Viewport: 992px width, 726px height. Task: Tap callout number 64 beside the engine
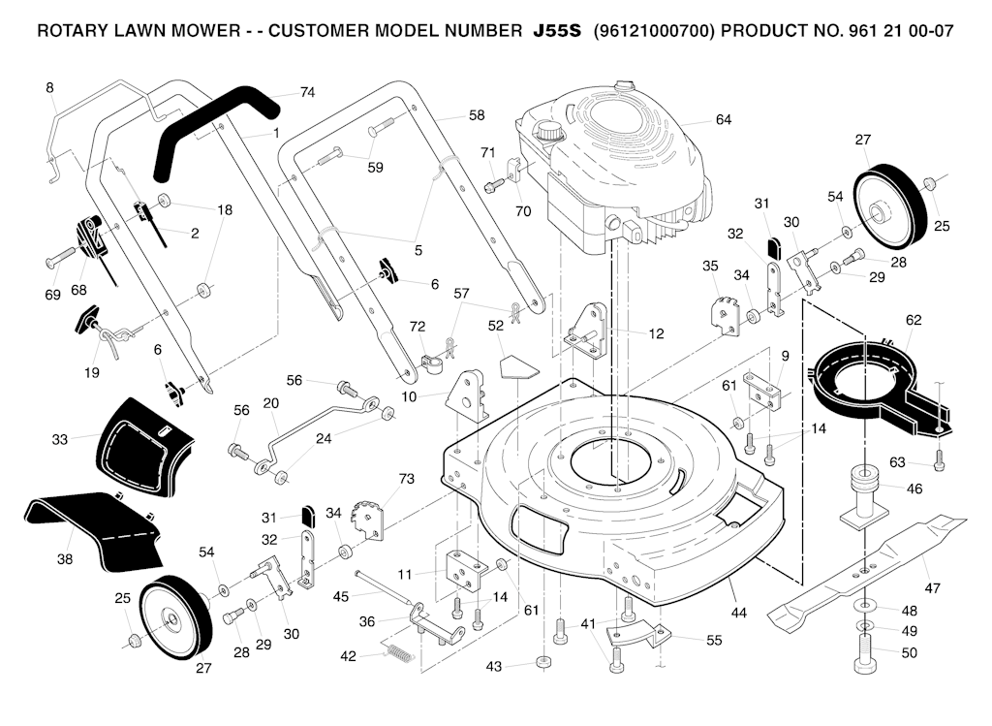(x=723, y=120)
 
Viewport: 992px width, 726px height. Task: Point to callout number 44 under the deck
(x=739, y=613)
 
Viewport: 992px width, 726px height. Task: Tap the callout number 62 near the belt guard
(x=913, y=320)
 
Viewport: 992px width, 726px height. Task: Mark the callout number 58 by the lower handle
(x=476, y=114)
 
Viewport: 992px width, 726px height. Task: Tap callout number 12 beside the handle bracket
(x=656, y=333)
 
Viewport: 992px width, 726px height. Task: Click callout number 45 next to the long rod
(x=340, y=597)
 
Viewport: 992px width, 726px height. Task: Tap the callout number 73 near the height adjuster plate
(x=406, y=479)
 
